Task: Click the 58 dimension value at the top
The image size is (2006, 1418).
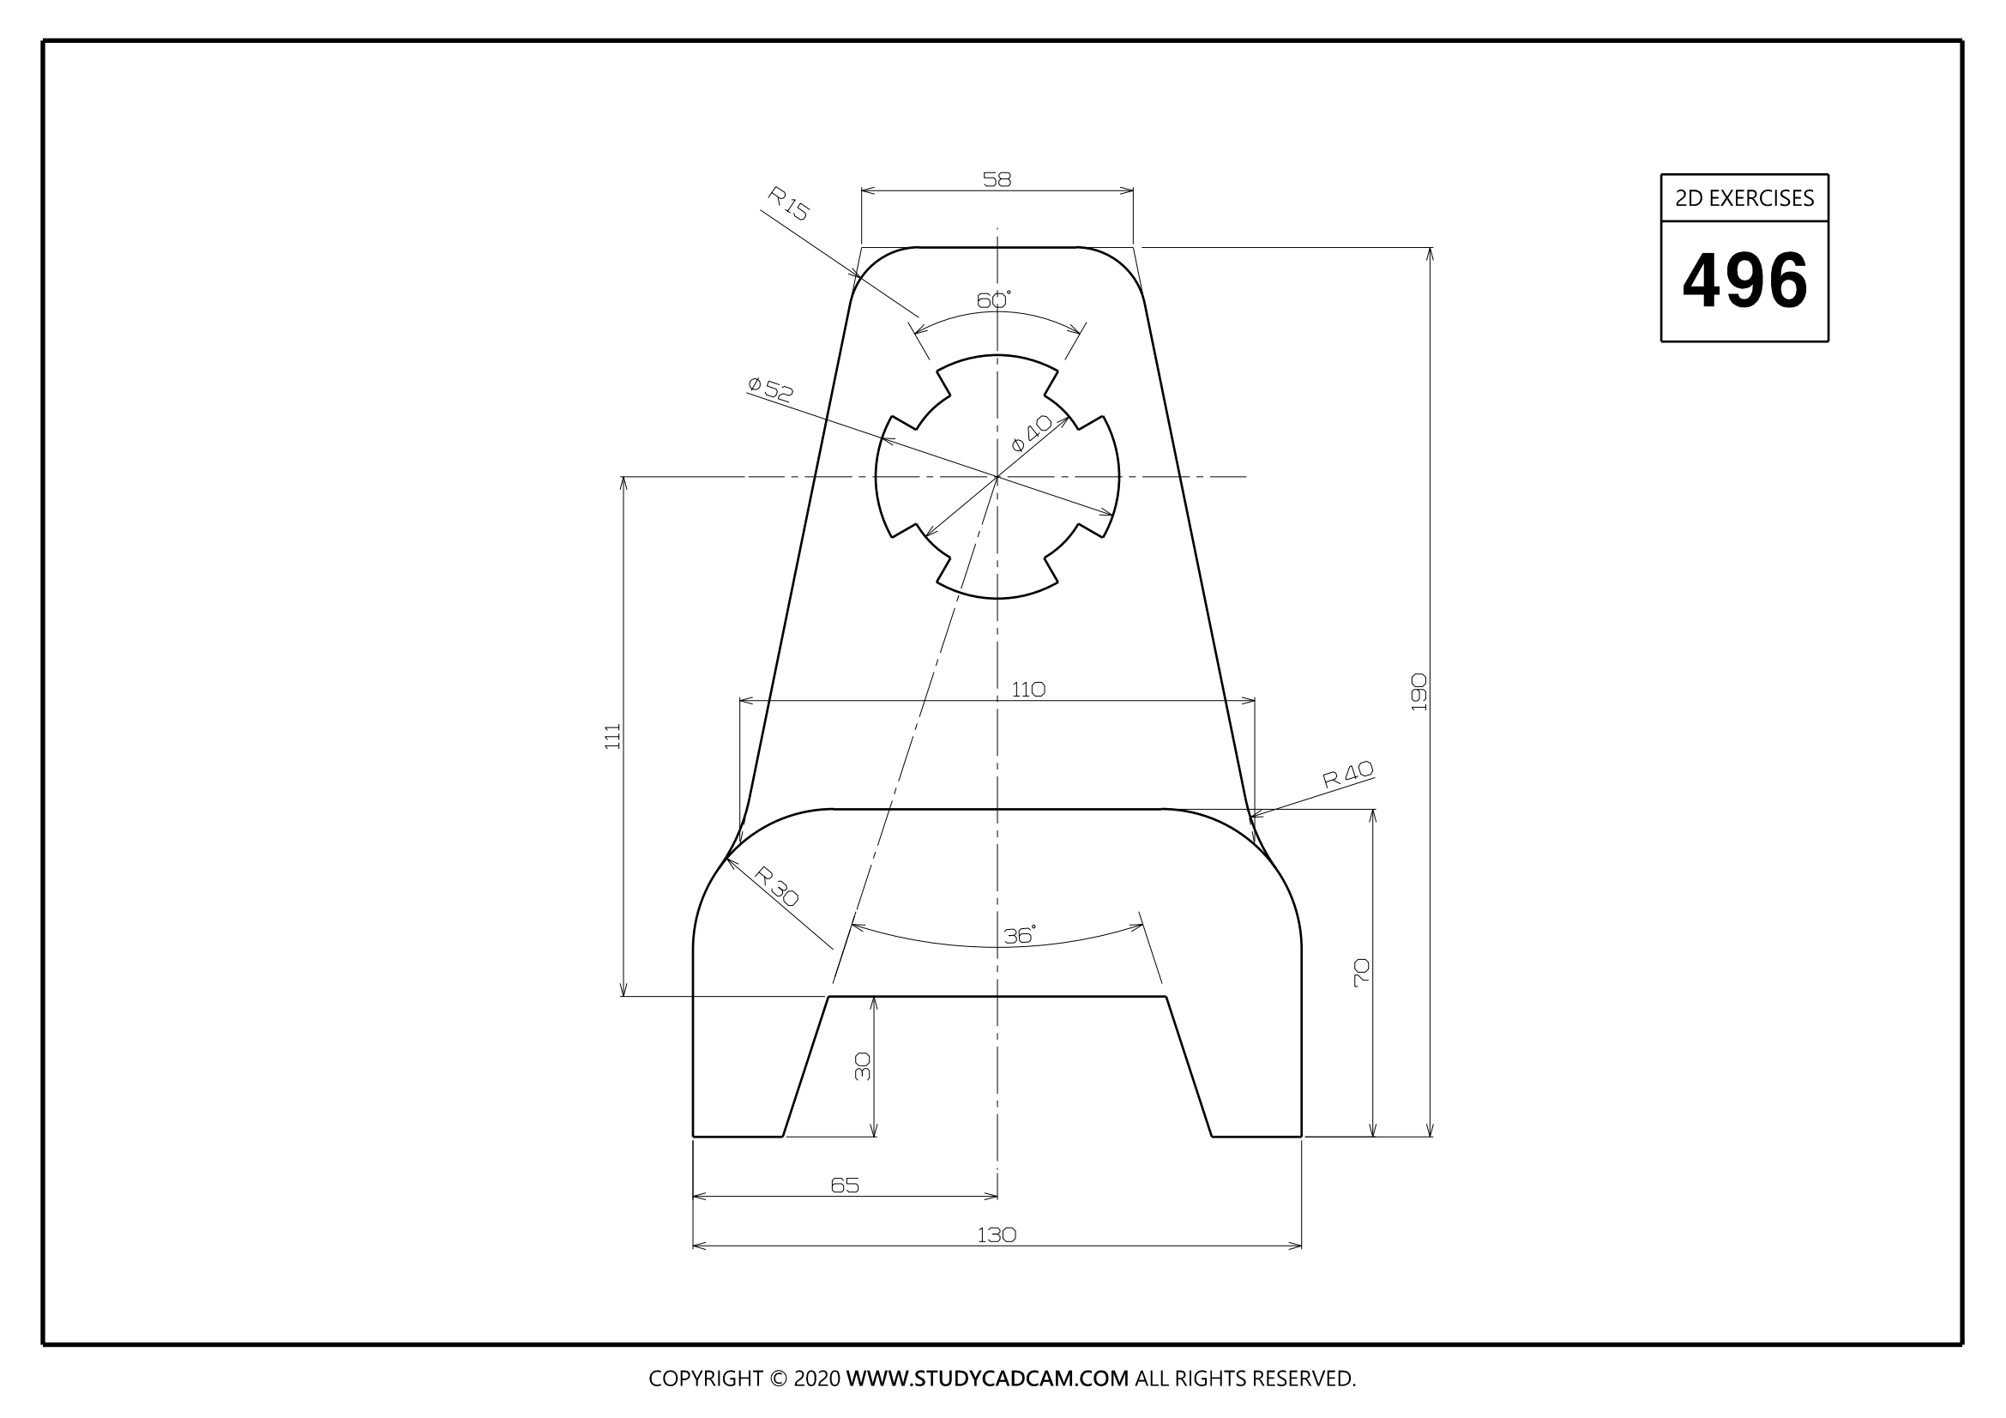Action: pyautogui.click(x=997, y=179)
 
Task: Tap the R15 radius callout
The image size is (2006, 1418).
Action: pyautogui.click(x=788, y=203)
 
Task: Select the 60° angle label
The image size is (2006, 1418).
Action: pyautogui.click(x=993, y=300)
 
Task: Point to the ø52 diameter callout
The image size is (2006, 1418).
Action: pyautogui.click(x=771, y=389)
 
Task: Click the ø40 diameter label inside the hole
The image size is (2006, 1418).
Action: pyautogui.click(x=1031, y=433)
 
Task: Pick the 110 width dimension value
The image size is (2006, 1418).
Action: pyautogui.click(x=1028, y=690)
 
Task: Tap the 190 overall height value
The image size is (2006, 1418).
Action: pyautogui.click(x=1418, y=691)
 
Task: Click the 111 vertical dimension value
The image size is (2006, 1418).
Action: pyautogui.click(x=612, y=736)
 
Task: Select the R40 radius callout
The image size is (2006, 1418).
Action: pyautogui.click(x=1348, y=774)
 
